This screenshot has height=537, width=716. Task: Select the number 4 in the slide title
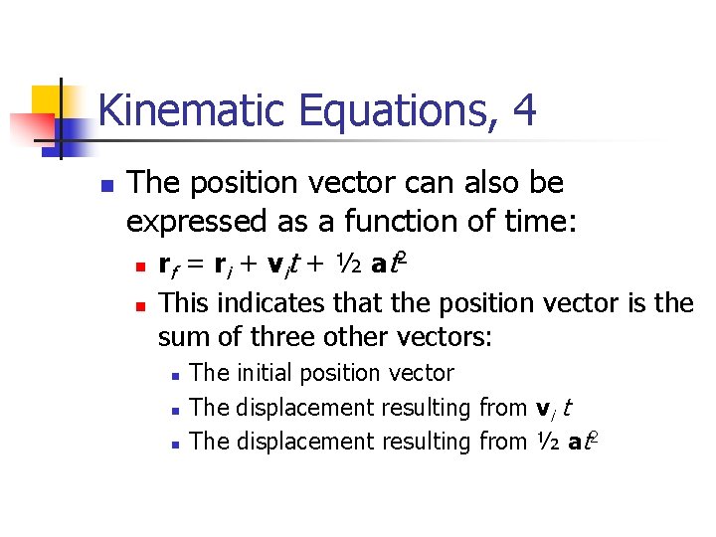tap(524, 110)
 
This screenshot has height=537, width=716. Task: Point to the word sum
tap(180, 336)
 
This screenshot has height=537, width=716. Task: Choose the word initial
tap(264, 373)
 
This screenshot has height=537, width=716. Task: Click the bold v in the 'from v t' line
tap(543, 408)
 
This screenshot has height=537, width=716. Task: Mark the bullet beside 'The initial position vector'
tap(173, 376)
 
